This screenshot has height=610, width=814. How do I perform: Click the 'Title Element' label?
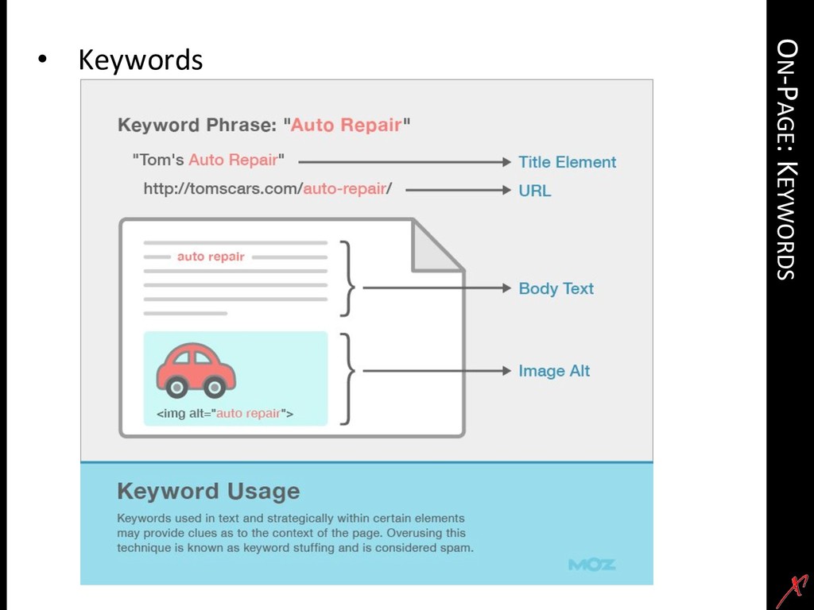click(x=567, y=162)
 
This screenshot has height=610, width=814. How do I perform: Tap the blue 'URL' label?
click(x=534, y=191)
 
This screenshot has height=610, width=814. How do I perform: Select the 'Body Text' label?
click(x=556, y=288)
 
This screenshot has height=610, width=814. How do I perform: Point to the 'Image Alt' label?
click(x=554, y=371)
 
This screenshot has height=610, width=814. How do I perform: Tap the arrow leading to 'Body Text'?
click(x=433, y=288)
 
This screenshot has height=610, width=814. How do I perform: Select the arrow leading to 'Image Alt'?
click(x=433, y=371)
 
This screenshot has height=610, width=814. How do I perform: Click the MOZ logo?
click(x=591, y=565)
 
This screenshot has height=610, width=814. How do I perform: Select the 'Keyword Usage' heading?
click(x=208, y=491)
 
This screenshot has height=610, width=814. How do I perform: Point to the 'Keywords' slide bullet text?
click(x=140, y=60)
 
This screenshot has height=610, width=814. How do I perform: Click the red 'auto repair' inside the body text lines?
click(x=211, y=257)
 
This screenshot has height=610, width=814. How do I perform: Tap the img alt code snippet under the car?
click(x=224, y=413)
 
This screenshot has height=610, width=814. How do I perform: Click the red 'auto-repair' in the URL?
click(x=344, y=190)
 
